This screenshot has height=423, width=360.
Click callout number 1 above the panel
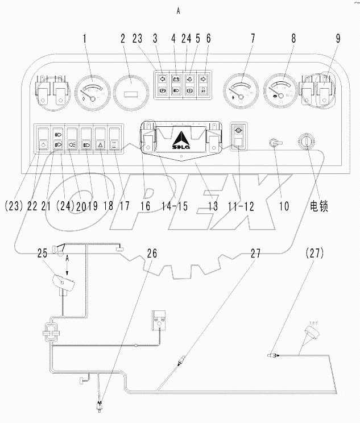coord(85,40)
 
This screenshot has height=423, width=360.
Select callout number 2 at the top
coord(123,40)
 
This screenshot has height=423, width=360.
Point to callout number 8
coord(293,40)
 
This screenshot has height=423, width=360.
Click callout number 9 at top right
coord(338,40)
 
